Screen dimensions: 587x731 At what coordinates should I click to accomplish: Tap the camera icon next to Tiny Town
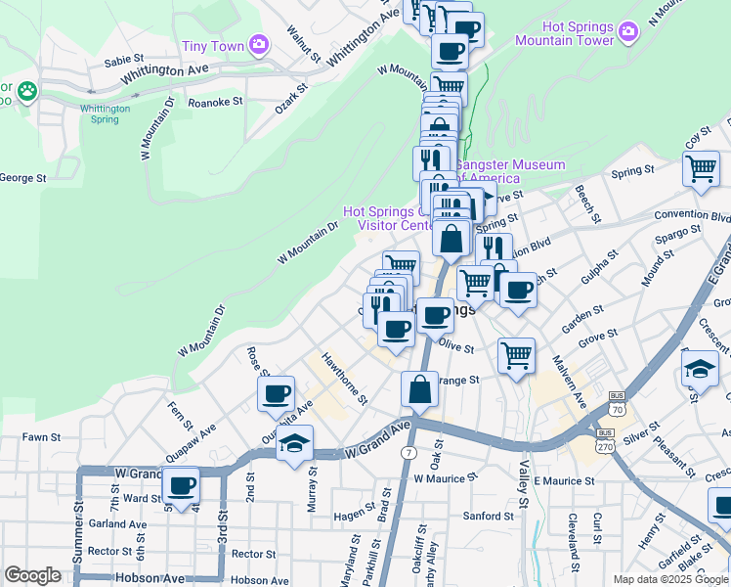258,43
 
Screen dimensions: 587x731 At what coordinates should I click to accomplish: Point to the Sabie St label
125,61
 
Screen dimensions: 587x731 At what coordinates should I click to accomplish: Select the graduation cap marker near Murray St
295,443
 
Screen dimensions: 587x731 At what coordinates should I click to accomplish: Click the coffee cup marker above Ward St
181,484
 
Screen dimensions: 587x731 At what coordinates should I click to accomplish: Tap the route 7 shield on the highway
408,453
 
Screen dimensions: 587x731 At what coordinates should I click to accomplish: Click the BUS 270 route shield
605,438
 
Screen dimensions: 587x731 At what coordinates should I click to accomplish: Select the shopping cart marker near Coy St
702,168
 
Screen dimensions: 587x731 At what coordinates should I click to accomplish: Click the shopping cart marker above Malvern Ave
516,354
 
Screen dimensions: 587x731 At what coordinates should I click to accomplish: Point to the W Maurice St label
445,479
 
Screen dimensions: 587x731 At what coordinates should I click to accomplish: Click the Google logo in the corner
32,575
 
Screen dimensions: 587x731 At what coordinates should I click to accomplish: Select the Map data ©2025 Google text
670,579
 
